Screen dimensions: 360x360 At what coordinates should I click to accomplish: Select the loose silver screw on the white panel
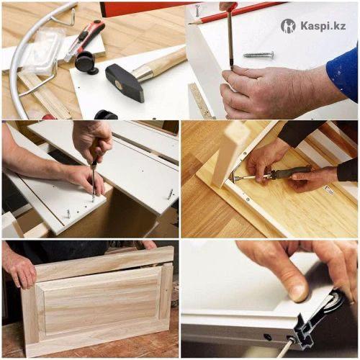point(259,55)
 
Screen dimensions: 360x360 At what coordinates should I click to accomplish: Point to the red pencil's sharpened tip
point(189,24)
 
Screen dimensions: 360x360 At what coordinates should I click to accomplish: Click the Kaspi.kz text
point(323,26)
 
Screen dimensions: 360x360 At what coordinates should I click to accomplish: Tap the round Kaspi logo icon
point(288,26)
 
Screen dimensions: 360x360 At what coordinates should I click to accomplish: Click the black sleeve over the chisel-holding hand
point(347,171)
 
